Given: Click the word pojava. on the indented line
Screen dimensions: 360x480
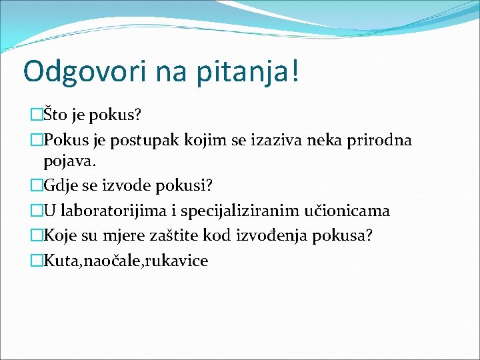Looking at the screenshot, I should point(68,161).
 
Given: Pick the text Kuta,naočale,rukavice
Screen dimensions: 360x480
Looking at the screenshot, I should point(125,261).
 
